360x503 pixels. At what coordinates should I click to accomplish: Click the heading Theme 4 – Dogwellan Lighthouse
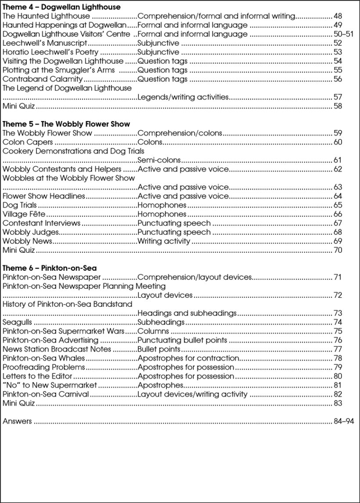[x=61, y=7]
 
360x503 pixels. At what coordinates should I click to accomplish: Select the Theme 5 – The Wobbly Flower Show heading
[x=66, y=124]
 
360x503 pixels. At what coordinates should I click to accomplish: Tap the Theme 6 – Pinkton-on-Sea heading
[x=50, y=268]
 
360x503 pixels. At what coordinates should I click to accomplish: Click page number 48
[x=338, y=16]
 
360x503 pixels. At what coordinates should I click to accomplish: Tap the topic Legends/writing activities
[x=183, y=97]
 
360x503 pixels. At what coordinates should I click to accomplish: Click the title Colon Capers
[x=28, y=142]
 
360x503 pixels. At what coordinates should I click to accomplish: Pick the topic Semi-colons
[x=159, y=160]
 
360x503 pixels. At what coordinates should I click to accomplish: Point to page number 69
[x=338, y=241]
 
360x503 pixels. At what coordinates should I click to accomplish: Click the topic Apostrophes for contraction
[x=188, y=358]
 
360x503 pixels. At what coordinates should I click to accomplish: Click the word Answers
[x=17, y=421]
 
